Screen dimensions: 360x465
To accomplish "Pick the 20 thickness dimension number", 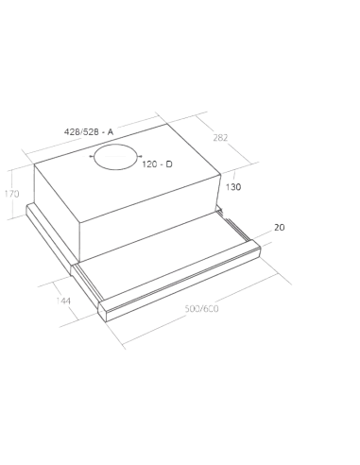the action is [x=279, y=228].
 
